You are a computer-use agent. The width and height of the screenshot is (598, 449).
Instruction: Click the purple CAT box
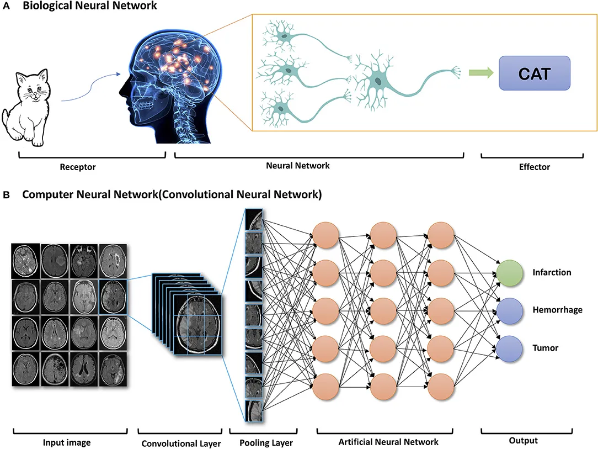534,73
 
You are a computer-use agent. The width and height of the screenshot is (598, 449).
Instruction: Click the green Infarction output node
509,273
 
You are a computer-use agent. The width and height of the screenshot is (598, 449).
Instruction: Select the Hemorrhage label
557,310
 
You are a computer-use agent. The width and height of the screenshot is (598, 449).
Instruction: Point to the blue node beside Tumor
509,348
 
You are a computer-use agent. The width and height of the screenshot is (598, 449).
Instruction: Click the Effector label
534,166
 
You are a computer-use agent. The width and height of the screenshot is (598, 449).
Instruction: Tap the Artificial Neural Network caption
389,442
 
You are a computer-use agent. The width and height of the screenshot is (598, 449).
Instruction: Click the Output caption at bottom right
523,441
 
